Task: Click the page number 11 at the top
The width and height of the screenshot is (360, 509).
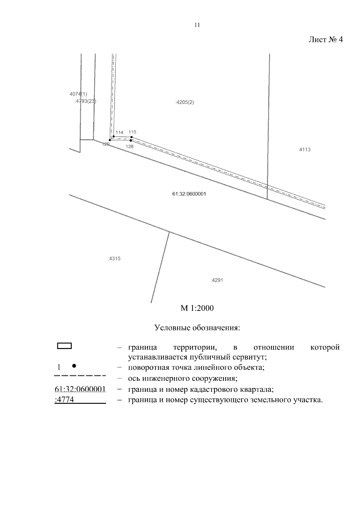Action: pyautogui.click(x=197, y=25)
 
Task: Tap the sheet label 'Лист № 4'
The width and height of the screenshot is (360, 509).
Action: pyautogui.click(x=325, y=40)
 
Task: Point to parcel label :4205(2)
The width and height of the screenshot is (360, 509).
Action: pyautogui.click(x=184, y=102)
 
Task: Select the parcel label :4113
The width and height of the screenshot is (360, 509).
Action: pyautogui.click(x=304, y=150)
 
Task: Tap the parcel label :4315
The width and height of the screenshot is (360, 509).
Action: pyautogui.click(x=114, y=258)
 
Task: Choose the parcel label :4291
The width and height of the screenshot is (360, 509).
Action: pyautogui.click(x=217, y=281)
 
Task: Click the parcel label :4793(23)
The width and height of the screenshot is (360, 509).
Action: pyautogui.click(x=85, y=101)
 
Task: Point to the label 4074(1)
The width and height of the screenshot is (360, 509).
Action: pyautogui.click(x=78, y=94)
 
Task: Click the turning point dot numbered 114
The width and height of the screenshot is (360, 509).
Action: pyautogui.click(x=113, y=136)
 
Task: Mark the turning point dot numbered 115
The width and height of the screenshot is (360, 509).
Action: pyautogui.click(x=131, y=137)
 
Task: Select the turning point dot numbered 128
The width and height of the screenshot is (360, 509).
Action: pyautogui.click(x=130, y=140)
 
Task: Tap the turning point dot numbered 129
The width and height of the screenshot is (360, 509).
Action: pyautogui.click(x=110, y=140)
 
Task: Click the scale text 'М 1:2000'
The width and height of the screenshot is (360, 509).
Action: pyautogui.click(x=197, y=308)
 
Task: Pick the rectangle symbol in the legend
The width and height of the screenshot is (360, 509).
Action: pyautogui.click(x=64, y=346)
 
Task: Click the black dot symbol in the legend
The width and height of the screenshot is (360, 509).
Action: pyautogui.click(x=74, y=366)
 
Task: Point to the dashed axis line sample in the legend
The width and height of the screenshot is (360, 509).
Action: pyautogui.click(x=80, y=375)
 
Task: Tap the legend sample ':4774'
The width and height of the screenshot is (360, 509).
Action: pyautogui.click(x=64, y=400)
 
